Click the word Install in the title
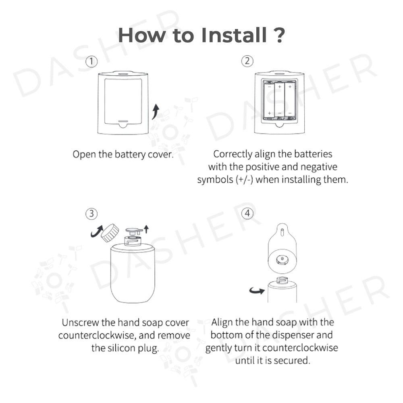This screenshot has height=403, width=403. point(234,35)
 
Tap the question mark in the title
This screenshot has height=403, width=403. point(278,35)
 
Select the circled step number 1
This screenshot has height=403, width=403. point(91,62)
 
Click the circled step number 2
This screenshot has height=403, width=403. point(247,61)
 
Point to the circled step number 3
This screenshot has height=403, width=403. point(91,214)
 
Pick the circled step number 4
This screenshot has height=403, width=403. point(247,213)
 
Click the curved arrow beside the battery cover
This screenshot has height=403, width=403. point(156,112)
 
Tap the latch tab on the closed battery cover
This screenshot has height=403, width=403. point(123,124)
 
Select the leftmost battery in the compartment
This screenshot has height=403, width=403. point(269,100)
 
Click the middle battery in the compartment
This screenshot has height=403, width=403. point(279,100)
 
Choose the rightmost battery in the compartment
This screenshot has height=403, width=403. point(290,100)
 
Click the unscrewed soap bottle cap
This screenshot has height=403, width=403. point(110,233)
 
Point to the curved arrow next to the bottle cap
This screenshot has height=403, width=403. point(96,231)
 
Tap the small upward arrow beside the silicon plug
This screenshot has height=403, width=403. point(146,229)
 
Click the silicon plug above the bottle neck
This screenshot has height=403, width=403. point(134,231)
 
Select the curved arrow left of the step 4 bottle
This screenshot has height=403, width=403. point(257,291)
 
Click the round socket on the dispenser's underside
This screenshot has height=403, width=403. point(282,260)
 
